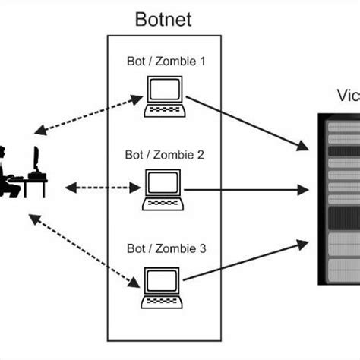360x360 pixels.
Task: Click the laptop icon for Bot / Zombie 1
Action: coord(165,97)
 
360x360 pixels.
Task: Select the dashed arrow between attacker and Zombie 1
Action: coord(88,115)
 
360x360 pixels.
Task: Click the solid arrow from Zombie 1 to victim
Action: coord(248,122)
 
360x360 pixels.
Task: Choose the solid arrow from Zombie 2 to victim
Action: coord(248,188)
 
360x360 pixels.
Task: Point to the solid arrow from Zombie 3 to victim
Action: coord(248,263)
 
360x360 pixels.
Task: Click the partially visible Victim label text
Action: coord(348,96)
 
